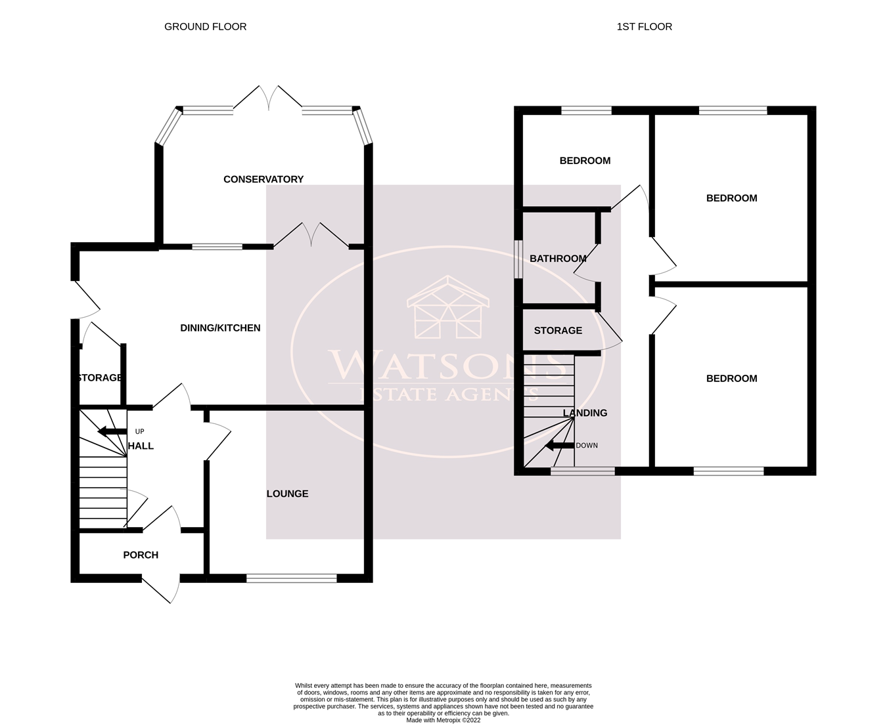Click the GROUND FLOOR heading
click(x=205, y=27)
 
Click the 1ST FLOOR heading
click(x=644, y=27)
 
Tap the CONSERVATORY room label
click(x=263, y=179)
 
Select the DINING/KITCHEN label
click(x=220, y=328)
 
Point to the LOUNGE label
click(x=287, y=494)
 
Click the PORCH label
click(x=141, y=555)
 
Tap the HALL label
click(x=141, y=446)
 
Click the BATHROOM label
click(x=558, y=259)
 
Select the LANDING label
click(x=585, y=413)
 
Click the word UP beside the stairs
click(x=139, y=431)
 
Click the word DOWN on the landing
click(x=587, y=446)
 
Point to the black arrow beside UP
click(x=112, y=431)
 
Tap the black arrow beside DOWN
click(x=559, y=446)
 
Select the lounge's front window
click(x=292, y=578)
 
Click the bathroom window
click(x=518, y=258)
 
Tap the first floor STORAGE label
click(x=558, y=331)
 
